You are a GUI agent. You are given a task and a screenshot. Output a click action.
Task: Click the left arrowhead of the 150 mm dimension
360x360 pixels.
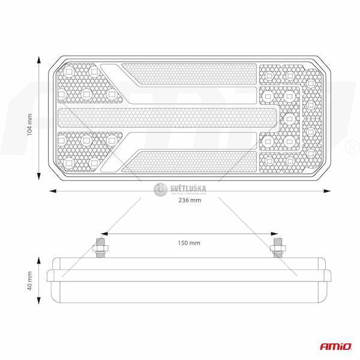103,233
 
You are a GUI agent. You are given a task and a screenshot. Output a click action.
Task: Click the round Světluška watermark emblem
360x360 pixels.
160,190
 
